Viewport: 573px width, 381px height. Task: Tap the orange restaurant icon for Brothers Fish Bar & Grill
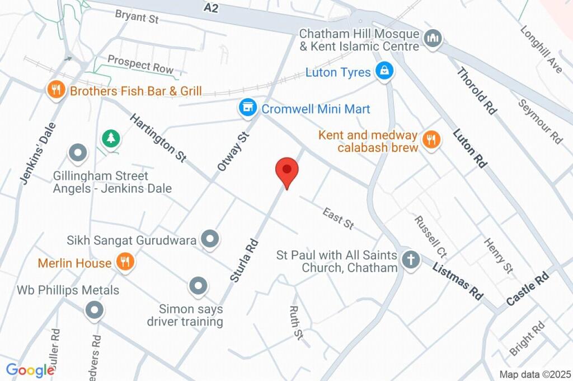click(55, 90)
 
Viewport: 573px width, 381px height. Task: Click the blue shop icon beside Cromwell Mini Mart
click(246, 108)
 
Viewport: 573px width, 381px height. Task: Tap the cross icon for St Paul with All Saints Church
click(411, 260)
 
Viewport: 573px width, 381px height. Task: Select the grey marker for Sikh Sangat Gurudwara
click(210, 239)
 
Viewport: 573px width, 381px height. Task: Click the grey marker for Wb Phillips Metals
click(94, 309)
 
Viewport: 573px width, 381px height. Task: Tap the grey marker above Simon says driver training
click(198, 286)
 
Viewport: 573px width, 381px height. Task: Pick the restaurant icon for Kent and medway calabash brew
click(430, 141)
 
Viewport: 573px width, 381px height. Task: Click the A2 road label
click(211, 8)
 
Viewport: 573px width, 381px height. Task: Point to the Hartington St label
click(158, 138)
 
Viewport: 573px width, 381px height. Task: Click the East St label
click(338, 218)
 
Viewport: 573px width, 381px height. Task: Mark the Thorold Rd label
click(477, 91)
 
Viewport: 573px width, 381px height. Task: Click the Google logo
click(30, 370)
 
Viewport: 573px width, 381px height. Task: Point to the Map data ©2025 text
click(534, 374)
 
